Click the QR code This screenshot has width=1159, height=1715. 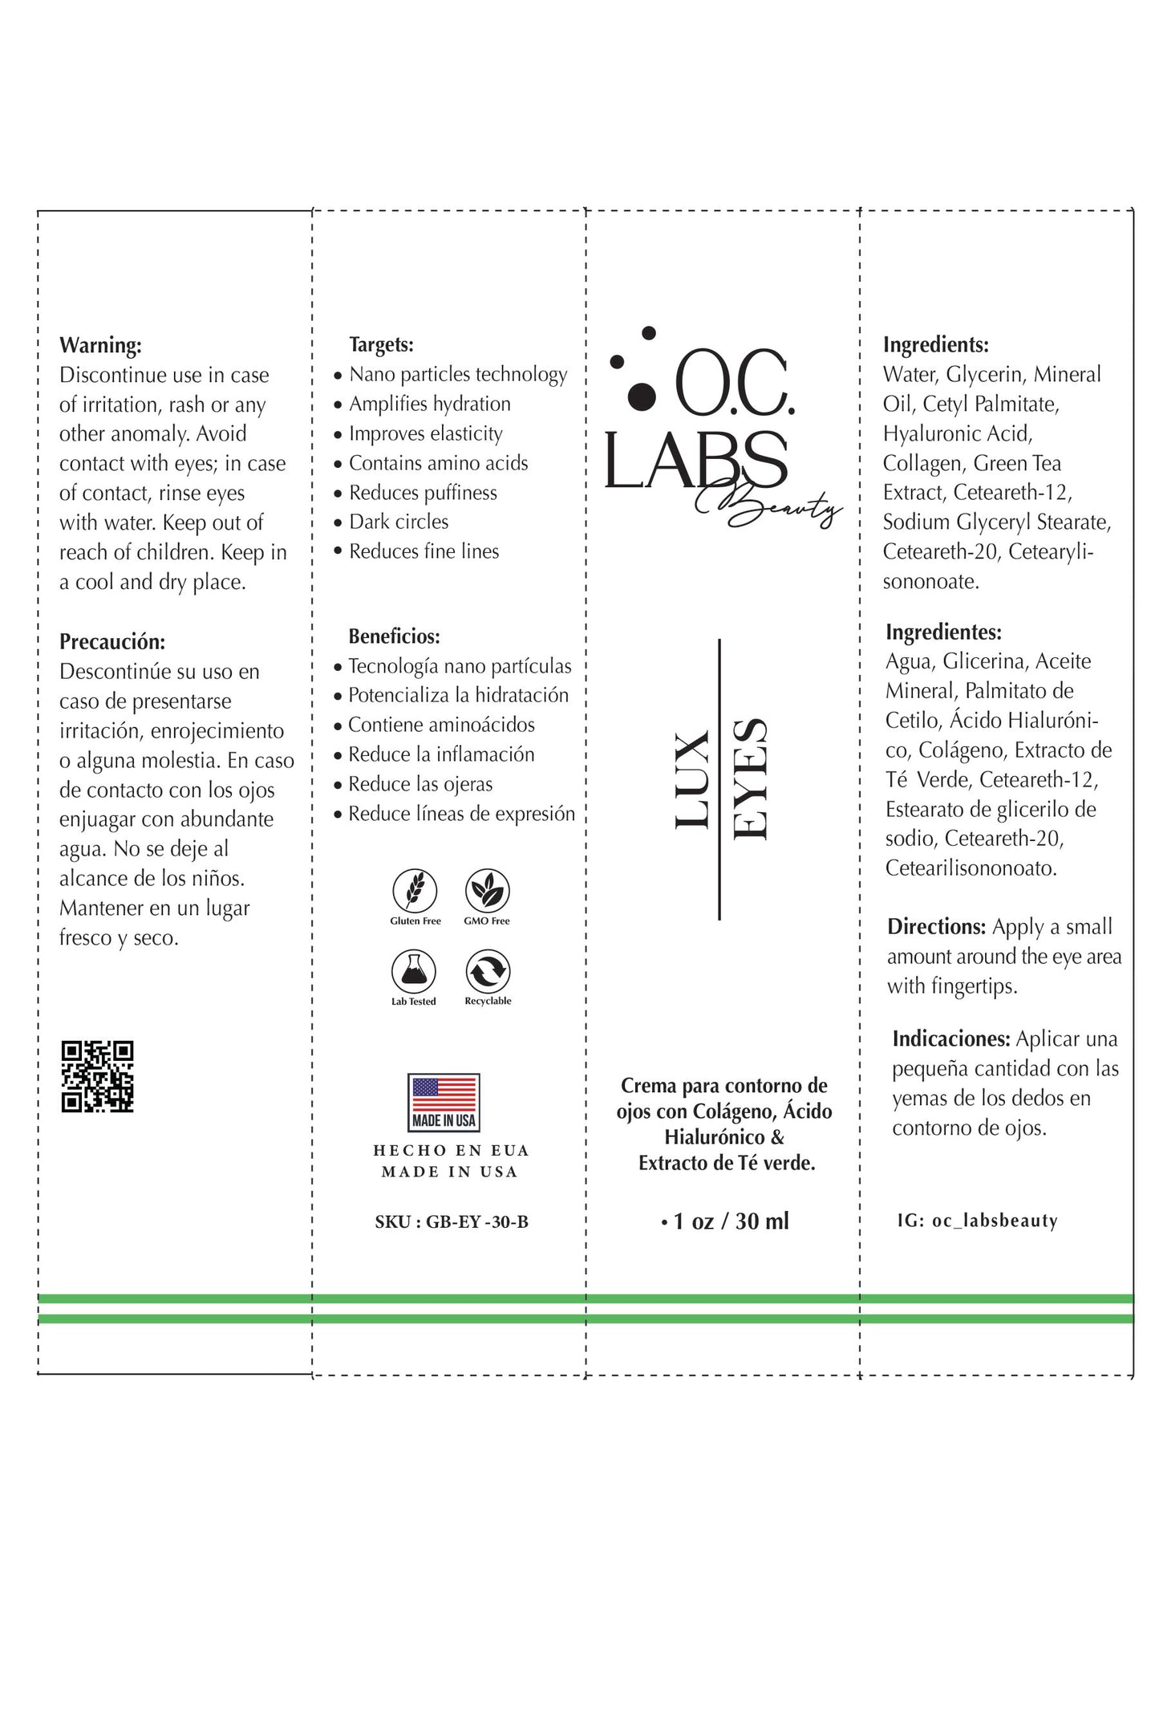[x=97, y=1076]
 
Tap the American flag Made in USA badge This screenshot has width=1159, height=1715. [x=444, y=1102]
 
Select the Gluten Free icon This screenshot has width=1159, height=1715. [x=415, y=891]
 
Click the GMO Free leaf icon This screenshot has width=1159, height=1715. [x=487, y=891]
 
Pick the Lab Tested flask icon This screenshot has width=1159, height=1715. [x=414, y=971]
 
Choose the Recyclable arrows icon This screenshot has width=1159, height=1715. [x=488, y=971]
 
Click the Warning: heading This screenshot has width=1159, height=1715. [x=100, y=345]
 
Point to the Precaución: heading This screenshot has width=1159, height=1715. [x=112, y=641]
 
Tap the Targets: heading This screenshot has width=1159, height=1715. [x=381, y=344]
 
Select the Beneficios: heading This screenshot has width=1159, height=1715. [x=394, y=636]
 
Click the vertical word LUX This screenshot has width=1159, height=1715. [x=691, y=779]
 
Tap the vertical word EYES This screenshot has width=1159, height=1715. [x=751, y=779]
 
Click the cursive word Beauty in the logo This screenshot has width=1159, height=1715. [x=770, y=505]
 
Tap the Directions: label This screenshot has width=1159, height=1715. [x=936, y=927]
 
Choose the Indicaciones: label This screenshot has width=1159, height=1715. [x=950, y=1039]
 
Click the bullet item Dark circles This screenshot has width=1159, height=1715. [x=399, y=522]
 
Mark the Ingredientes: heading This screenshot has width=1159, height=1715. [x=943, y=632]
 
